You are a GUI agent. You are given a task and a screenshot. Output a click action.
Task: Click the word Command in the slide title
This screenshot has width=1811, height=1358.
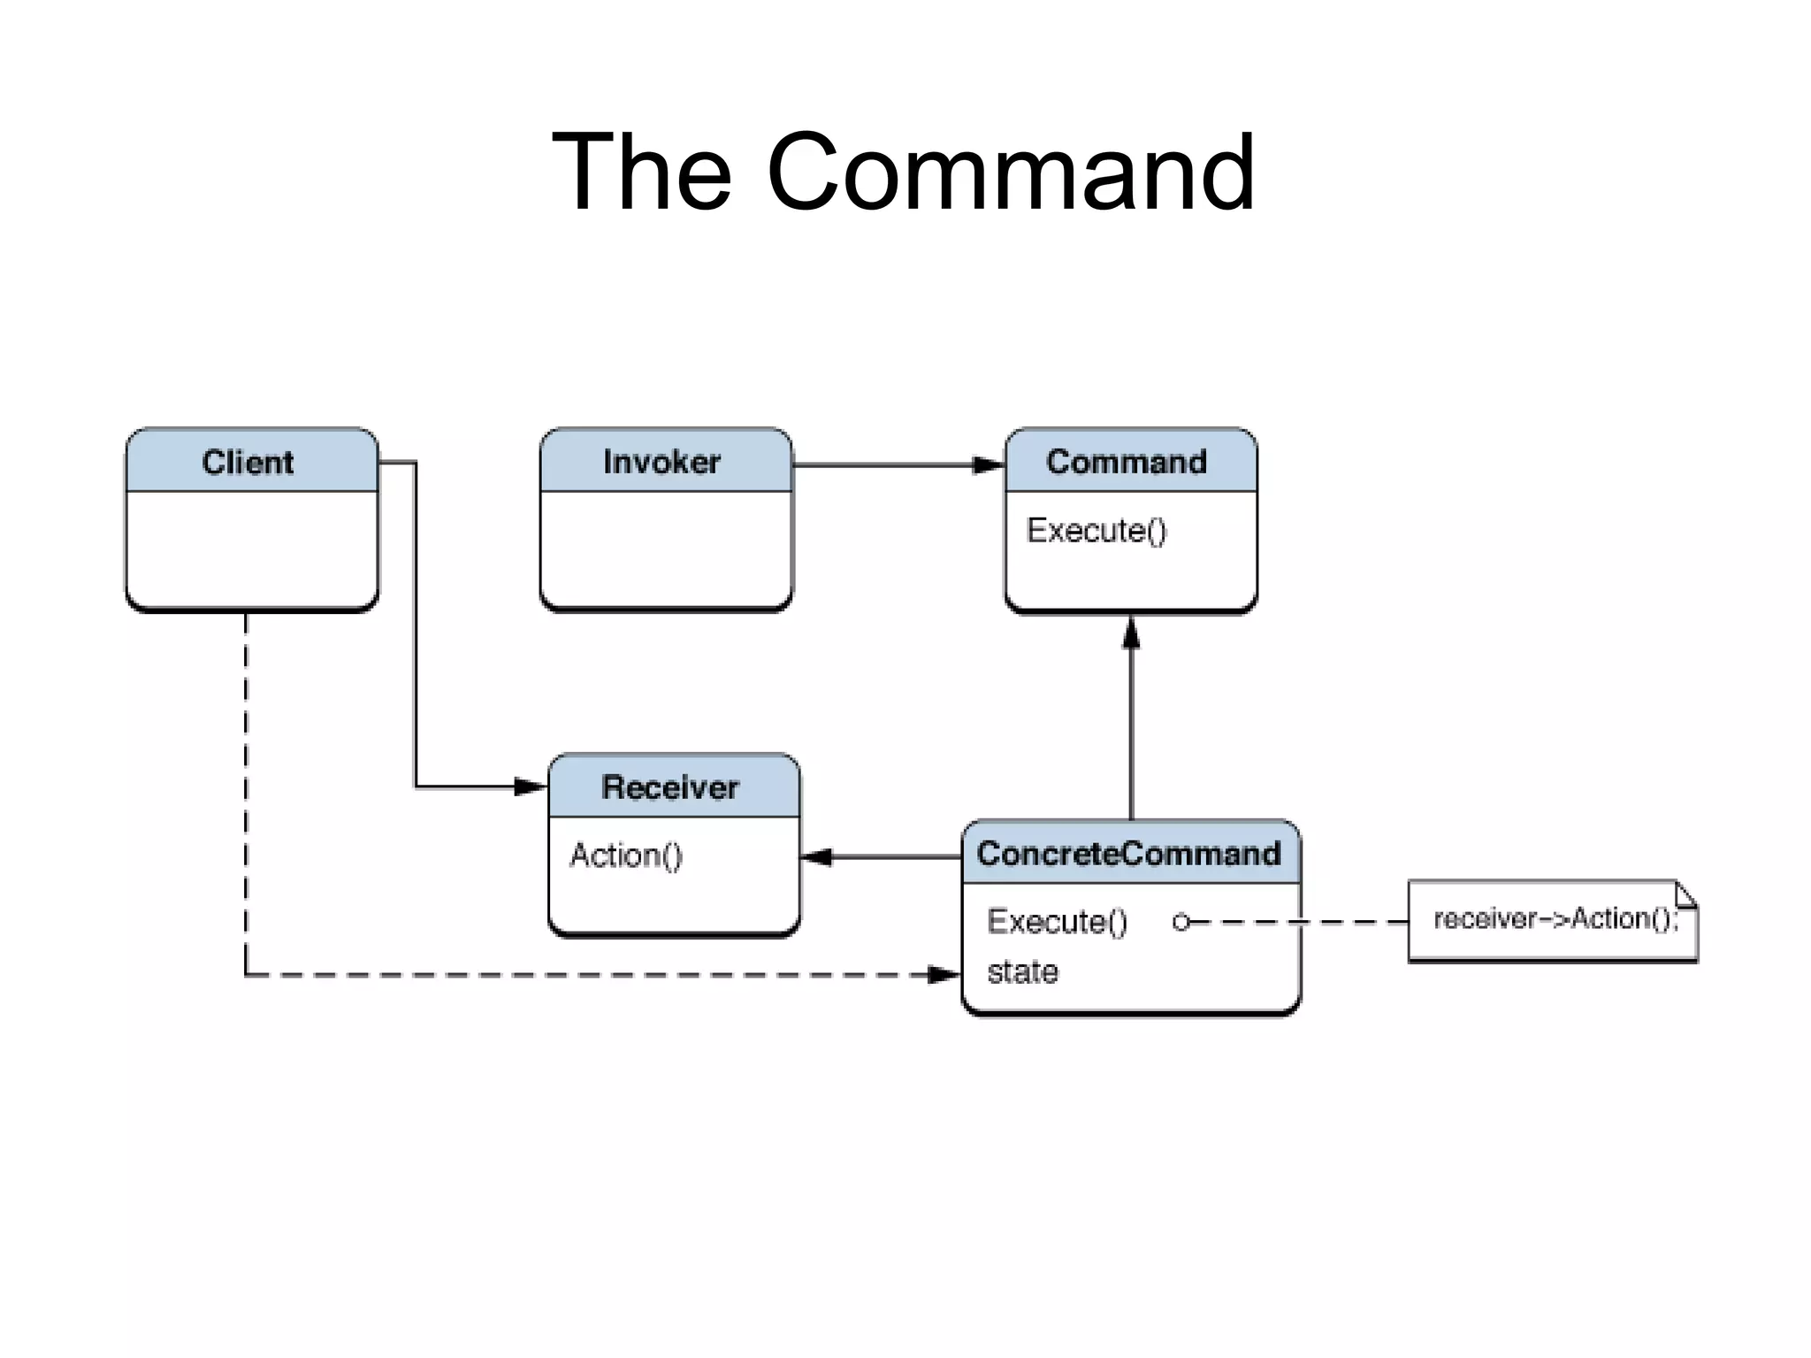(1010, 172)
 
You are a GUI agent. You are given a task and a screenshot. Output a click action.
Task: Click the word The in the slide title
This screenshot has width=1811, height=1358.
(641, 172)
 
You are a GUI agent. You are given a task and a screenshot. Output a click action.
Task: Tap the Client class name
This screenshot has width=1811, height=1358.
(248, 463)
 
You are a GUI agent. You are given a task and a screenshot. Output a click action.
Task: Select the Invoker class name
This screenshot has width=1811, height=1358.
(661, 462)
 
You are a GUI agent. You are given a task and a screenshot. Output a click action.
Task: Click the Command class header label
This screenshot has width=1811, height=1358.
(1126, 462)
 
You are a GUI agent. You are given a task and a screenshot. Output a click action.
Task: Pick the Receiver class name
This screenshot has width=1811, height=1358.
(669, 787)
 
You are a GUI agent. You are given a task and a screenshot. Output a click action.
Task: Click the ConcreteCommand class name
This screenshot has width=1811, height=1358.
(1128, 854)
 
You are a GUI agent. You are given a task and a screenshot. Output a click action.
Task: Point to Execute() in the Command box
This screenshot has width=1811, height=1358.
(1097, 530)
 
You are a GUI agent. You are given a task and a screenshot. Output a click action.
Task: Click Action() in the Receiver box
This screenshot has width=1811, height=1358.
(626, 855)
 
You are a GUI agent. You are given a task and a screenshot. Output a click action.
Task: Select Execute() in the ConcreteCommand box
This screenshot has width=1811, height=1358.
(1057, 922)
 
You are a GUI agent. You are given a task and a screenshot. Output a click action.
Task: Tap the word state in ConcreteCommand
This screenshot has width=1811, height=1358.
(1022, 972)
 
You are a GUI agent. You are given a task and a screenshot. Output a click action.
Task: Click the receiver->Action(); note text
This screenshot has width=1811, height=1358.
(1555, 919)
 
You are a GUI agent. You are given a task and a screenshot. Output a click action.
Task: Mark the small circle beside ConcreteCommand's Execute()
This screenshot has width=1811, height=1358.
(1180, 923)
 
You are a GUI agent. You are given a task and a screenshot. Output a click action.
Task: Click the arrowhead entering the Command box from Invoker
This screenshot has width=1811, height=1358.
(989, 464)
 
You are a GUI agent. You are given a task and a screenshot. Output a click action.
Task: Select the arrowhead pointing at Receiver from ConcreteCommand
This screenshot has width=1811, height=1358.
(816, 856)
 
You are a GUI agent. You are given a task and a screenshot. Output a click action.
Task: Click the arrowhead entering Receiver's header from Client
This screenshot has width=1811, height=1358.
(531, 786)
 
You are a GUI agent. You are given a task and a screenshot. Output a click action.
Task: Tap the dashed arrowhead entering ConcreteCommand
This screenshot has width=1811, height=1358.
(944, 975)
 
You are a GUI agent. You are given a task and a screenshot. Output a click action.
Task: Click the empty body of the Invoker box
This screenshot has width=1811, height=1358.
(666, 549)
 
